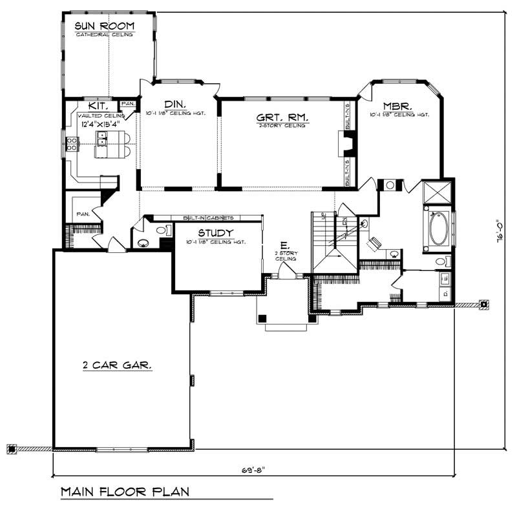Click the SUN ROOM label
point(104,26)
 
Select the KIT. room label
point(97,105)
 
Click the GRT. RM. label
point(282,117)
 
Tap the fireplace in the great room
point(341,144)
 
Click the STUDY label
point(216,233)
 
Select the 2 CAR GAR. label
point(117,365)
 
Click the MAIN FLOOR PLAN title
point(125,492)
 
